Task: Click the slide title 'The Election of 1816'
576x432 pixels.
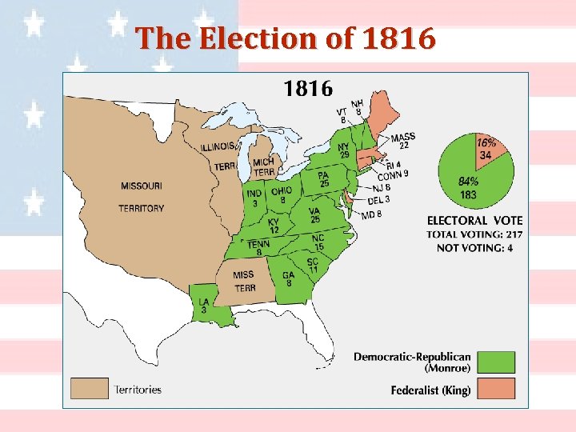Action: click(x=286, y=38)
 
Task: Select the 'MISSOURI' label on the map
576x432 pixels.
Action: click(x=142, y=186)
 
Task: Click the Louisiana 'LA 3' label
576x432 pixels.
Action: click(x=204, y=306)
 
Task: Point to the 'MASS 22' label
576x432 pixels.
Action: click(x=403, y=141)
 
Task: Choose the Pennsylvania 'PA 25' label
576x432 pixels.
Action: click(x=323, y=179)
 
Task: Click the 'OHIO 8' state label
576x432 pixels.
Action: click(x=282, y=195)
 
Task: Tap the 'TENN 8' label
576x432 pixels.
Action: click(x=258, y=248)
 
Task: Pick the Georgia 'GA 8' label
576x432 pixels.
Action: click(x=288, y=278)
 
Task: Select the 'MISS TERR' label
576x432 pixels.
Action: click(x=244, y=281)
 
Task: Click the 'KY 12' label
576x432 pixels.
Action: click(x=274, y=226)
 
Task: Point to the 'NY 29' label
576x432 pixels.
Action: click(x=344, y=150)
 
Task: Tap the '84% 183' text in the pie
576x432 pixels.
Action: click(x=467, y=189)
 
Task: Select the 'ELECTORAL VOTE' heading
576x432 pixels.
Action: click(x=474, y=220)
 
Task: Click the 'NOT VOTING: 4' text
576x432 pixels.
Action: click(x=474, y=248)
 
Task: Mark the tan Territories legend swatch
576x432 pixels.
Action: click(x=88, y=389)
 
